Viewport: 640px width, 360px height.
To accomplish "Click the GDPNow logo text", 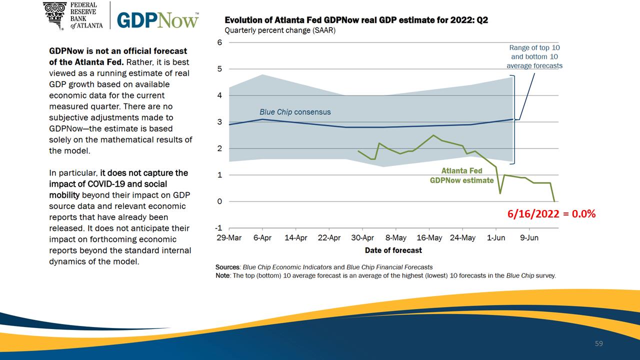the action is (157, 20).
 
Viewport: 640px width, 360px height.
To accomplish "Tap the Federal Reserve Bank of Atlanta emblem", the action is (55, 15).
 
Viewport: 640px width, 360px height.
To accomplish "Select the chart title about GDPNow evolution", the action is (356, 20).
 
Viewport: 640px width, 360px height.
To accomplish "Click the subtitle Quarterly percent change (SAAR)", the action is (280, 30).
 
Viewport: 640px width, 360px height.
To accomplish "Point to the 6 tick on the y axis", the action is (219, 42).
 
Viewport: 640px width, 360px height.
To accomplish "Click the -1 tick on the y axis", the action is (218, 228).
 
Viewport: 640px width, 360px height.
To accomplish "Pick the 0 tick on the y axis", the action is (219, 201).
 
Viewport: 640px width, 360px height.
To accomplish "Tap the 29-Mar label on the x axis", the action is (229, 237).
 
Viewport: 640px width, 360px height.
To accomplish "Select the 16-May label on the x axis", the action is (429, 237).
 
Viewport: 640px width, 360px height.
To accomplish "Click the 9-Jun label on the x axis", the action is (529, 237).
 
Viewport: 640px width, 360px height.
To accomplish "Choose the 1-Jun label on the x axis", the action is (496, 237).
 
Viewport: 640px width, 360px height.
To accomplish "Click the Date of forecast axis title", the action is (393, 250).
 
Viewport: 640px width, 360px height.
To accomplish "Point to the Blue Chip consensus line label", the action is (295, 112).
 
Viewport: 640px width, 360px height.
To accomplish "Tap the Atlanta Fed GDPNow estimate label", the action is (461, 175).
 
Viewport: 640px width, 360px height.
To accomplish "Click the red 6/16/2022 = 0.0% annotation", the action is (551, 213).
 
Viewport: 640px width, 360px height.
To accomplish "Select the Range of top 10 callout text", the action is (534, 56).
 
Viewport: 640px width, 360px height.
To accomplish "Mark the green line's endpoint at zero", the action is (554, 201).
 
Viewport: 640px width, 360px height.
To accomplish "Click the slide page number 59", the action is (599, 343).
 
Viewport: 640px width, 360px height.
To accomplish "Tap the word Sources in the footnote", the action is (227, 267).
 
